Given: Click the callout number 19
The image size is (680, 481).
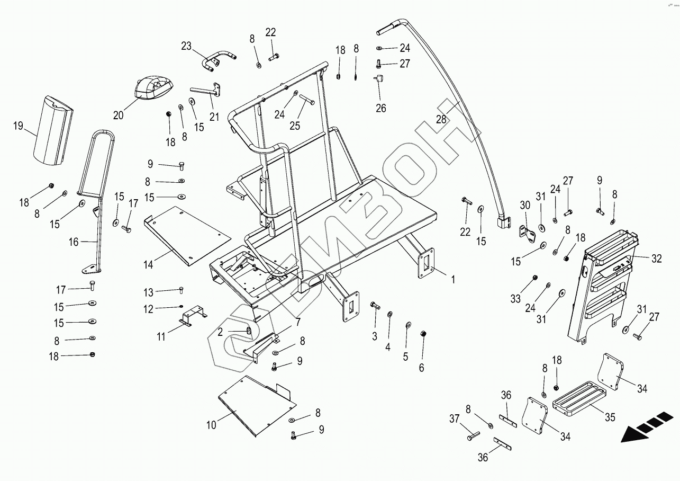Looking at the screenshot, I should click(19, 126).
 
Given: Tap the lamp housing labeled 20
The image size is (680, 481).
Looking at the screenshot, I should click(153, 87).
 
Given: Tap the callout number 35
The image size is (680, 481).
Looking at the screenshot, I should click(610, 417).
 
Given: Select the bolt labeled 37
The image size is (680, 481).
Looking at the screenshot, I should click(473, 436).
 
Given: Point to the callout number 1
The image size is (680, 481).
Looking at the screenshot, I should click(452, 278).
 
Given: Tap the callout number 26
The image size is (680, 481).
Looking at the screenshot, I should click(381, 108).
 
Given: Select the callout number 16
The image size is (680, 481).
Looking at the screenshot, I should click(74, 242).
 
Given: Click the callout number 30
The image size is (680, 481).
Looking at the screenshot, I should click(525, 205).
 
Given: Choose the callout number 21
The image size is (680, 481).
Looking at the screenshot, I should click(214, 117).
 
